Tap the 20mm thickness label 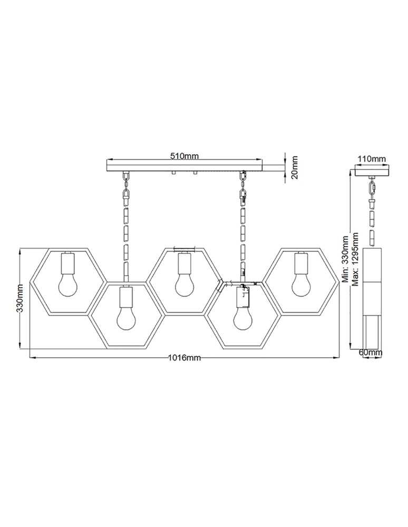[294, 167]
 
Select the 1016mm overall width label [184, 358]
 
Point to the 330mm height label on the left [20, 299]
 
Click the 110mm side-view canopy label [372, 159]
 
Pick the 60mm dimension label [370, 352]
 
